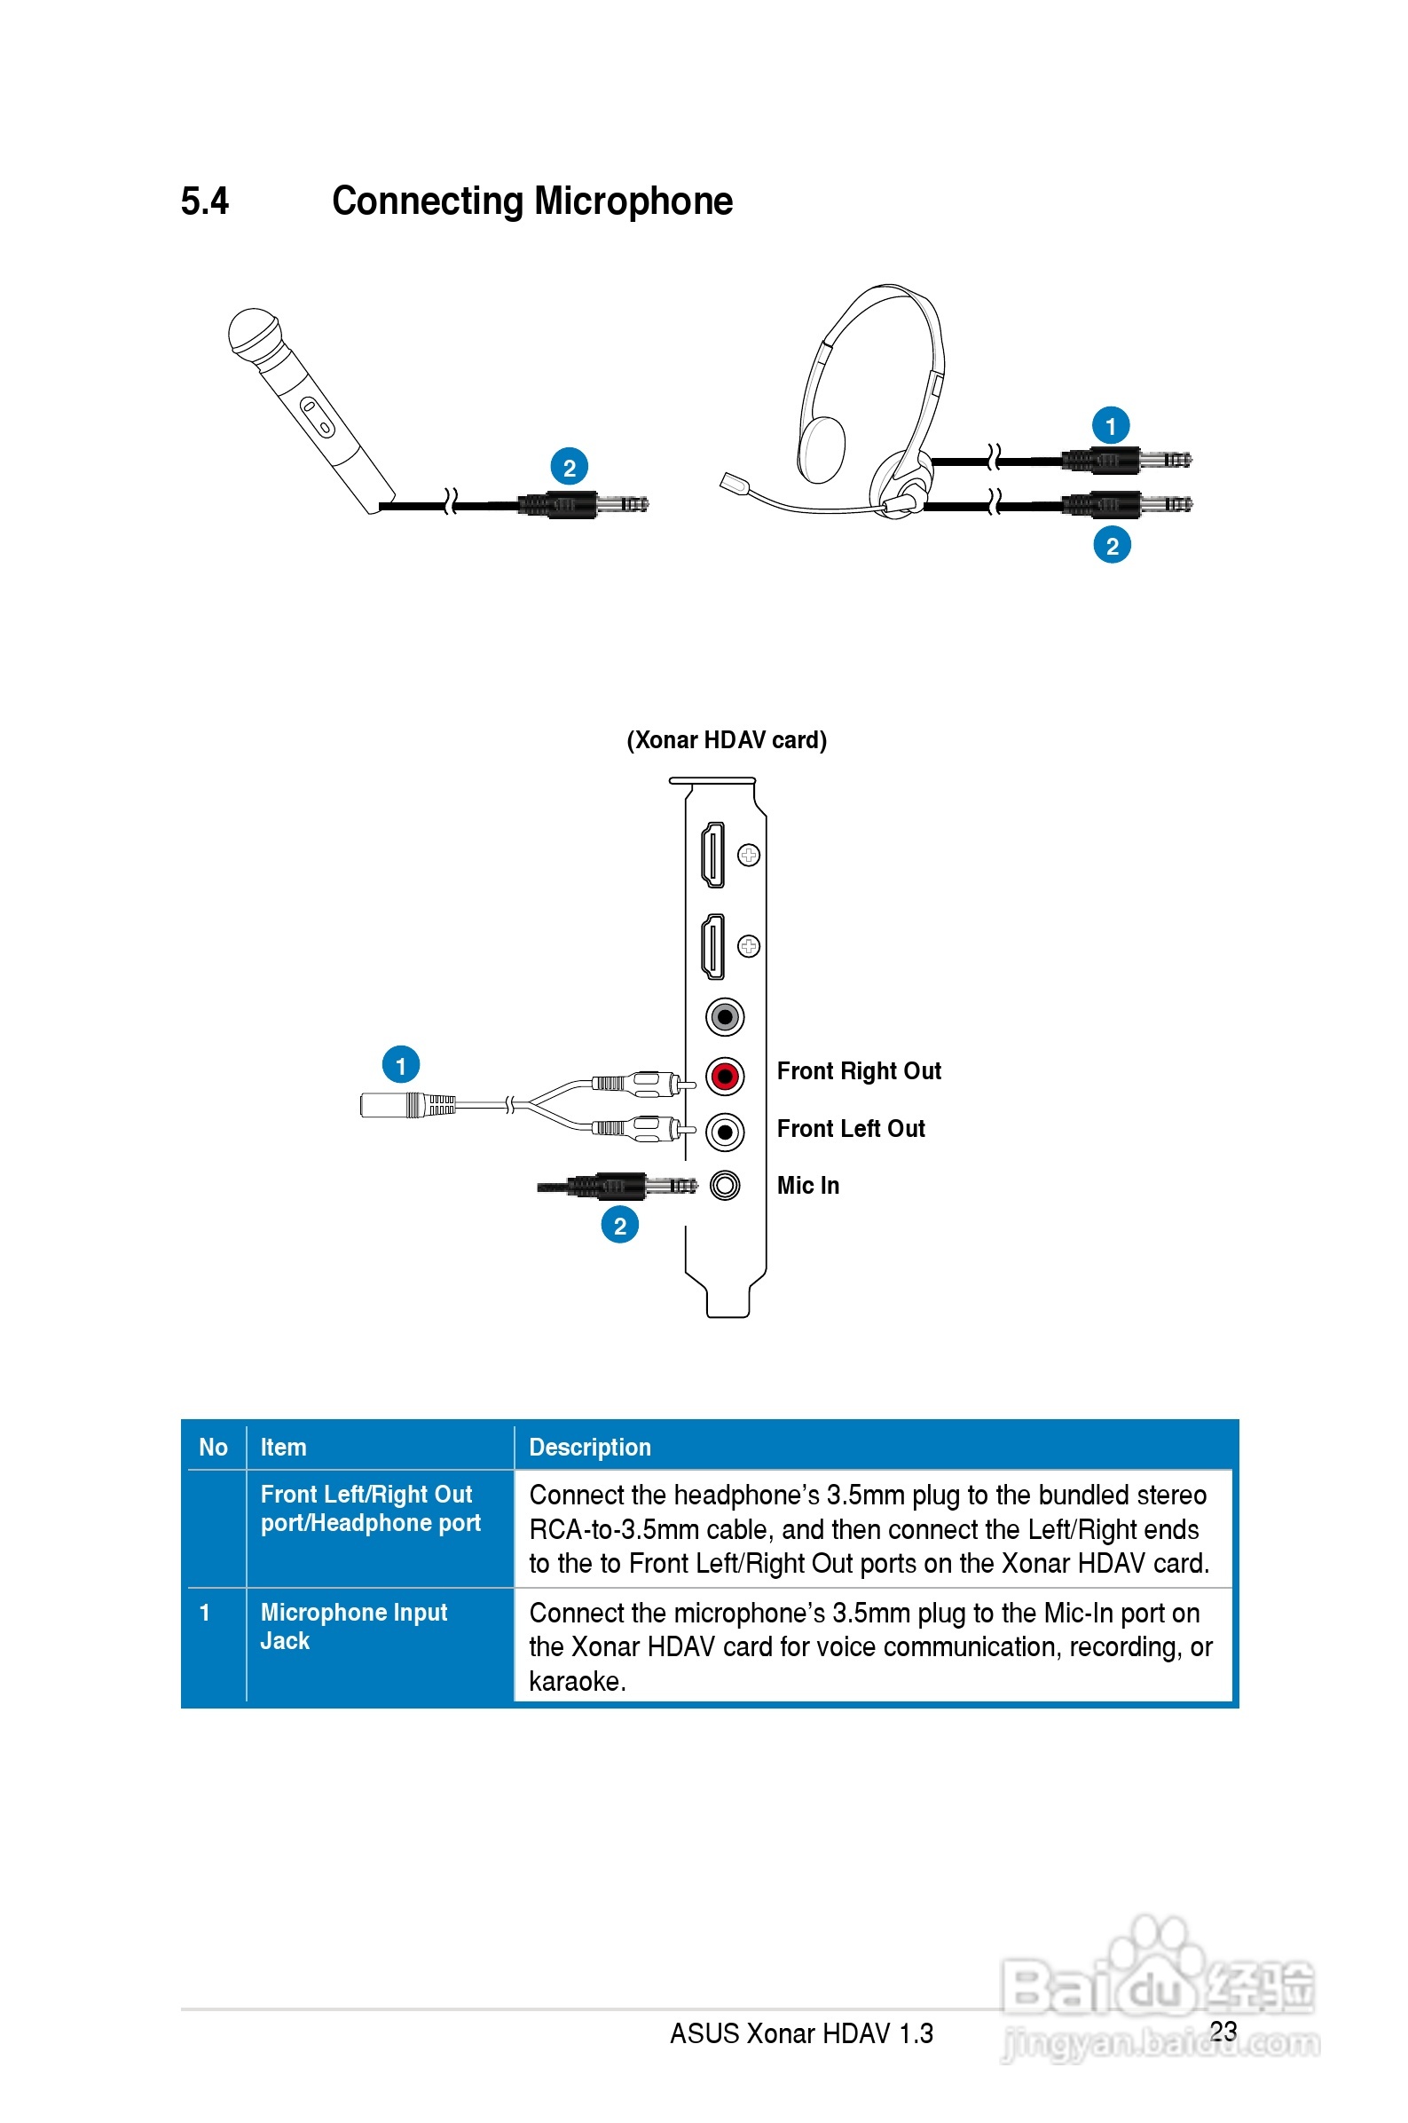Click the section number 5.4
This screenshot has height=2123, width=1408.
coord(205,201)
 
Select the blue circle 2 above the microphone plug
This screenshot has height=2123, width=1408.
coord(569,467)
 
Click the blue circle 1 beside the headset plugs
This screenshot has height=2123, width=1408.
coord(1110,426)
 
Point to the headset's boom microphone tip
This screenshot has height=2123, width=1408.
coord(733,484)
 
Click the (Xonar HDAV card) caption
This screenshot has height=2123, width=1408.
coord(726,740)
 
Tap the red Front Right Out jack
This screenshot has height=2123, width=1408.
coord(725,1075)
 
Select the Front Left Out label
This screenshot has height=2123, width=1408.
coord(850,1129)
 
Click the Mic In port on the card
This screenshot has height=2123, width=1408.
coord(725,1186)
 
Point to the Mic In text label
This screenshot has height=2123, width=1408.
coord(807,1186)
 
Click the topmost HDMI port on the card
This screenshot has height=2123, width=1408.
coord(713,854)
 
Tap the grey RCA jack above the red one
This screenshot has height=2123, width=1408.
coord(725,1016)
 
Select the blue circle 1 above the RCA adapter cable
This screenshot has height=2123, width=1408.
coord(400,1065)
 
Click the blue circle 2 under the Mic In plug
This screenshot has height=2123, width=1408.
coord(619,1225)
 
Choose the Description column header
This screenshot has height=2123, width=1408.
coord(590,1447)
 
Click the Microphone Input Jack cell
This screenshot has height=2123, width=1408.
coord(354,1626)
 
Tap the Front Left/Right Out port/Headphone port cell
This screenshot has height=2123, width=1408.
coord(370,1509)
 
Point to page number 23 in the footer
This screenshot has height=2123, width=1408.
coord(1223,2031)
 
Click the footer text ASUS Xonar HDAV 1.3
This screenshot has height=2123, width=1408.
coord(801,2033)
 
